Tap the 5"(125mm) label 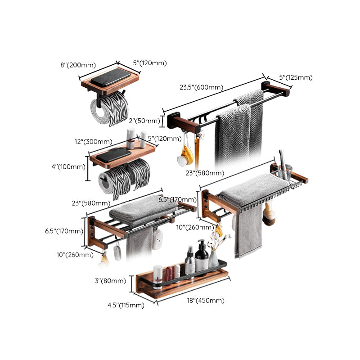[296, 78]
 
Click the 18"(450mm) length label [205, 301]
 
